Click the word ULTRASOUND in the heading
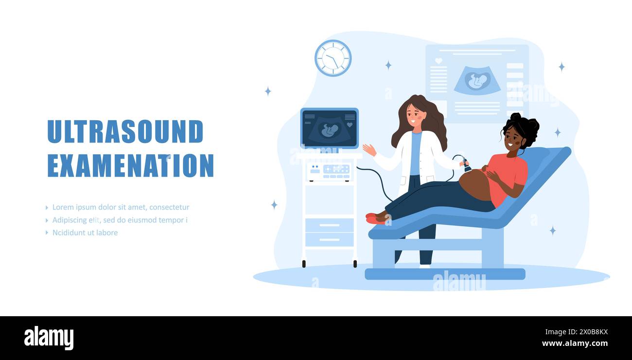[125, 131]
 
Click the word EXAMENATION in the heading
[130, 166]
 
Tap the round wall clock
[333, 58]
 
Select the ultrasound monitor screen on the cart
[329, 128]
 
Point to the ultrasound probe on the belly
[466, 166]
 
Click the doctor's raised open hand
[369, 149]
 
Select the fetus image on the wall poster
[477, 81]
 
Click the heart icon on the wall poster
[439, 61]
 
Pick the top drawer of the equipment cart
[329, 225]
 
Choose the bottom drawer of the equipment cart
[329, 239]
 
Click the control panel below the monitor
[329, 170]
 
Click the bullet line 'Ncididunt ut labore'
[85, 233]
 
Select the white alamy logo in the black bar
[49, 338]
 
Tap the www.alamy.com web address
[575, 343]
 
